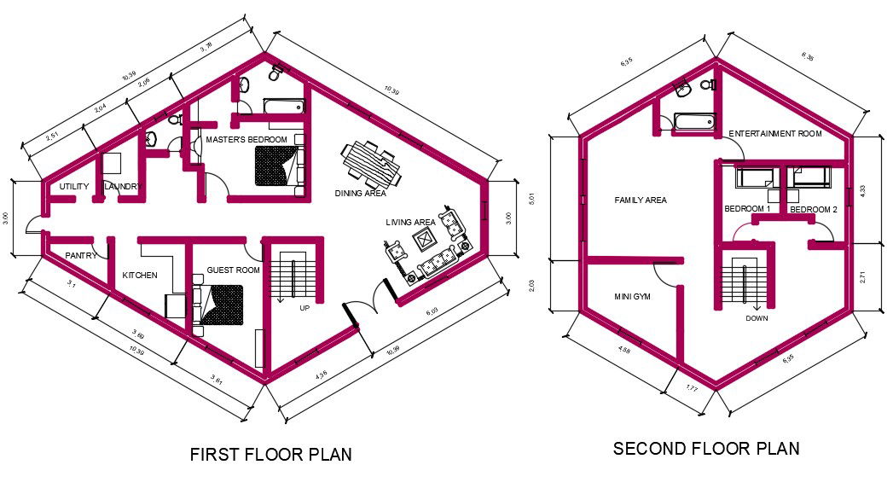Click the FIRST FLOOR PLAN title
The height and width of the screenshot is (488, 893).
pos(270,454)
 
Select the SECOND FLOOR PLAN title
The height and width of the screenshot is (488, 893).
pos(706,449)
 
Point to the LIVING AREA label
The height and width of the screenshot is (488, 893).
pos(410,223)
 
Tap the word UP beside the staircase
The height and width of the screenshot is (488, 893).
pos(304,308)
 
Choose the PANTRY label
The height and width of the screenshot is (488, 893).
pos(79,254)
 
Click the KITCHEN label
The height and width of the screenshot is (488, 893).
pos(140,276)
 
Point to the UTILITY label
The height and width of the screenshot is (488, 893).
pos(74,187)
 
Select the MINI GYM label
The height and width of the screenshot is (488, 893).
pos(633,298)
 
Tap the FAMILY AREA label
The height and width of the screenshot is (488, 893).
pos(641,200)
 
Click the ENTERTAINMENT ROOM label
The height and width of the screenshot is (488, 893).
pos(774,134)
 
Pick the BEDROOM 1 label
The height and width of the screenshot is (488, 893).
pos(747,209)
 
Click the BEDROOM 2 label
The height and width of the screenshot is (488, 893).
pos(813,209)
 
